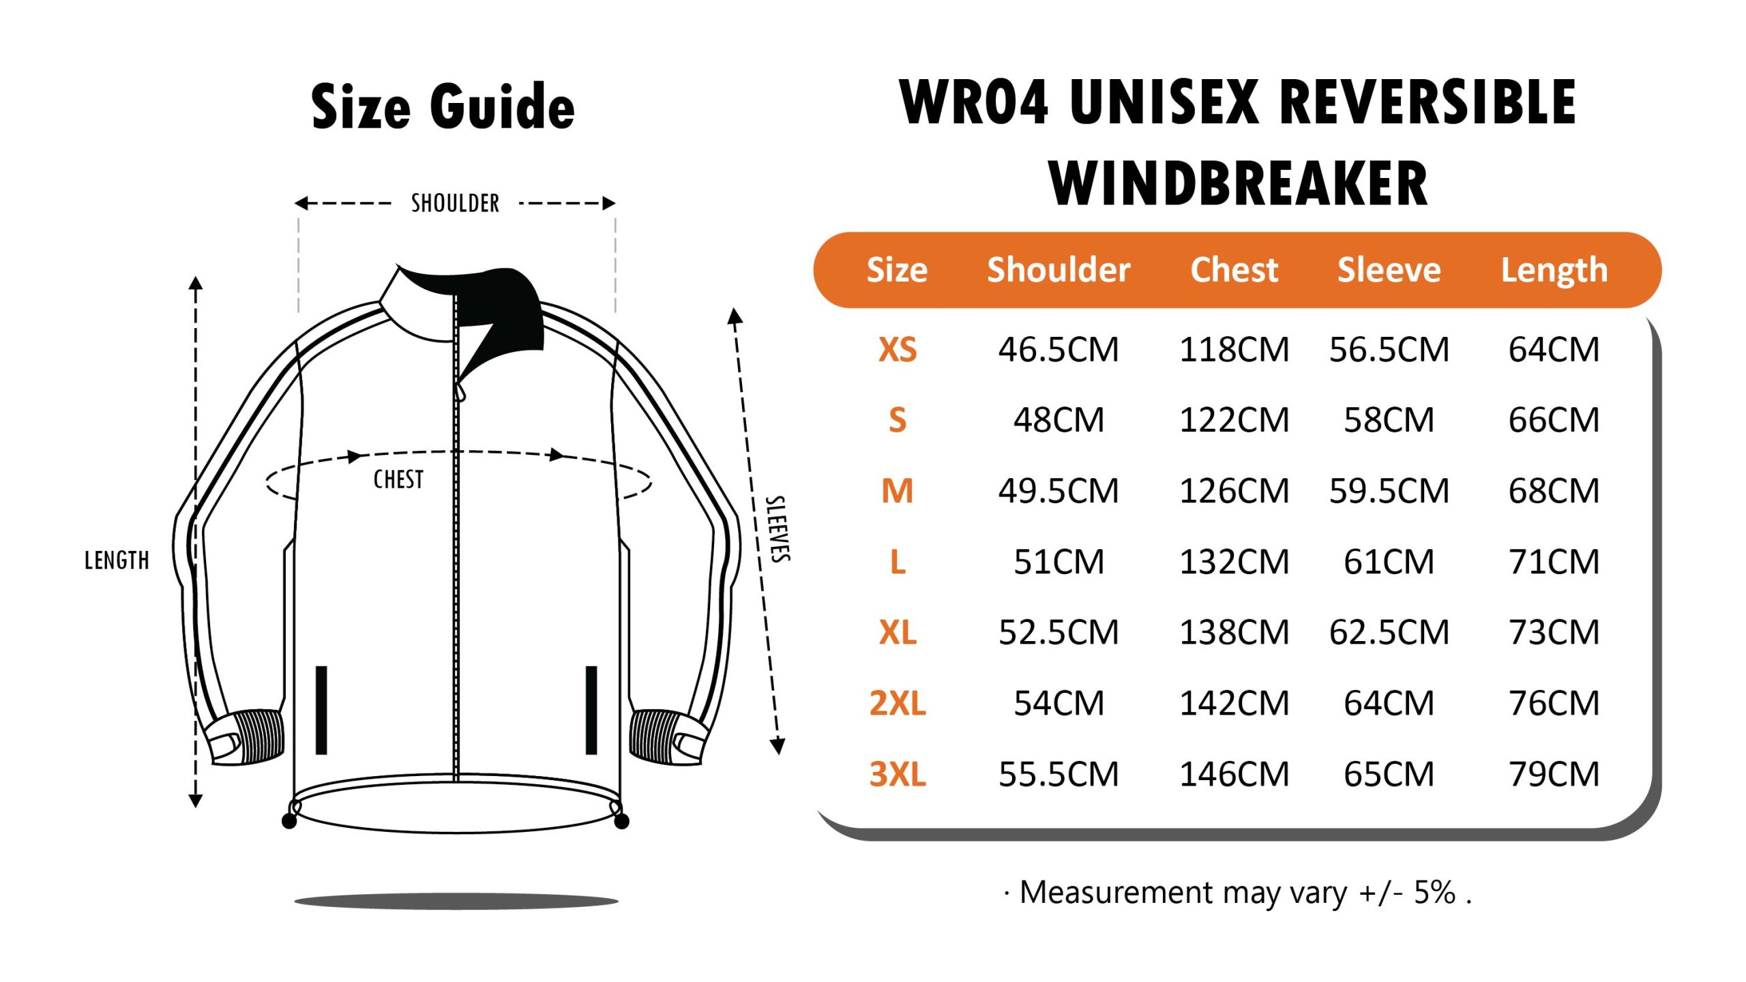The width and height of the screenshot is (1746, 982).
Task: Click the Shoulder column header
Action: (x=1058, y=270)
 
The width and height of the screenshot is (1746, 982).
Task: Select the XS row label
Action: (x=897, y=350)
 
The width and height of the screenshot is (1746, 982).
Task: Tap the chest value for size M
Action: (x=1234, y=491)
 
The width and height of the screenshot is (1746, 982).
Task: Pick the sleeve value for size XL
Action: (x=1389, y=632)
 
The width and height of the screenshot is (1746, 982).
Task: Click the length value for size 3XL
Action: (x=1554, y=774)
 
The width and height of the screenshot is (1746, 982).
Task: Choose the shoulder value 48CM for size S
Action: (x=1058, y=420)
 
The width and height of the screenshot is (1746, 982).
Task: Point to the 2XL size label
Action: (x=897, y=703)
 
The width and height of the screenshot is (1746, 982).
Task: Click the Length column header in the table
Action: (x=1554, y=270)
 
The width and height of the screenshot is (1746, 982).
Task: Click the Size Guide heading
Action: (x=443, y=106)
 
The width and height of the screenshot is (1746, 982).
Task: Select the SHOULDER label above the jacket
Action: (x=455, y=203)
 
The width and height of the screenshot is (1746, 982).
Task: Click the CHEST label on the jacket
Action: (x=398, y=479)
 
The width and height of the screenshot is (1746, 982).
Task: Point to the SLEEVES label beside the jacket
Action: (x=778, y=529)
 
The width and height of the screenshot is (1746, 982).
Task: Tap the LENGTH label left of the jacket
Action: (x=117, y=561)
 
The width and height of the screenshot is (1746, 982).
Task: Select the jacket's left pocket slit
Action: (x=321, y=710)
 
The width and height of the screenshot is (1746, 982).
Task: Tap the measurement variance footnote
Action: (x=1237, y=893)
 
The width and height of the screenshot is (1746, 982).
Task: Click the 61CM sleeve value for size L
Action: (x=1389, y=562)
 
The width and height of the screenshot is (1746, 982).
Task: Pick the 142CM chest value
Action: (x=1234, y=703)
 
